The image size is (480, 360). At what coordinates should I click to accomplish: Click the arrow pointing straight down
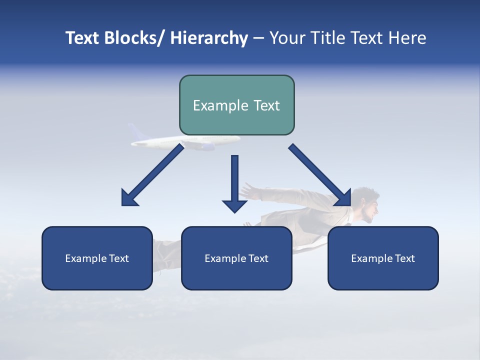(x=234, y=182)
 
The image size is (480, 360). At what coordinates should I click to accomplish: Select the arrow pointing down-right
(x=320, y=175)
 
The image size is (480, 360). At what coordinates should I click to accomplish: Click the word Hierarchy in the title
(x=209, y=38)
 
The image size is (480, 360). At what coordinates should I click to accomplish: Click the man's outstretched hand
(x=247, y=190)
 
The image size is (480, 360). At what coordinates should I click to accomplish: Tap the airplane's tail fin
(x=135, y=132)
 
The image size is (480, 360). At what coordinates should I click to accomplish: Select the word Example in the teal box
(x=219, y=105)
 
